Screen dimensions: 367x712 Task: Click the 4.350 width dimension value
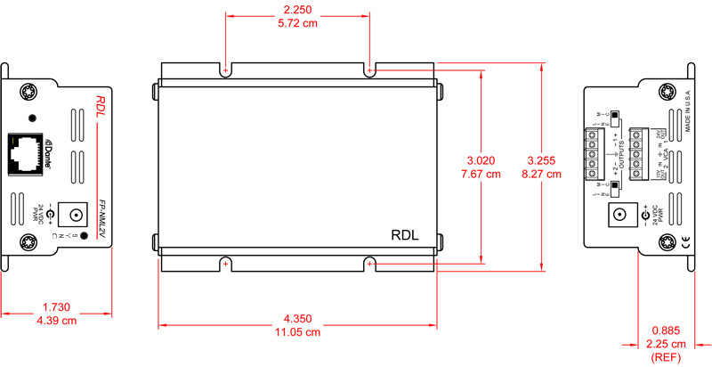tap(298, 318)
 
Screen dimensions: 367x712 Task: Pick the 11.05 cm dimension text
tap(298, 332)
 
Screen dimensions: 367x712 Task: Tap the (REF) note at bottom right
tap(667, 357)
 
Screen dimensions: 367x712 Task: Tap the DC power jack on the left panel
tap(76, 216)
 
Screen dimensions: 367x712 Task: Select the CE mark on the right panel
tap(684, 241)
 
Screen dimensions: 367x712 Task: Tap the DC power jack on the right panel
tap(618, 216)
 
